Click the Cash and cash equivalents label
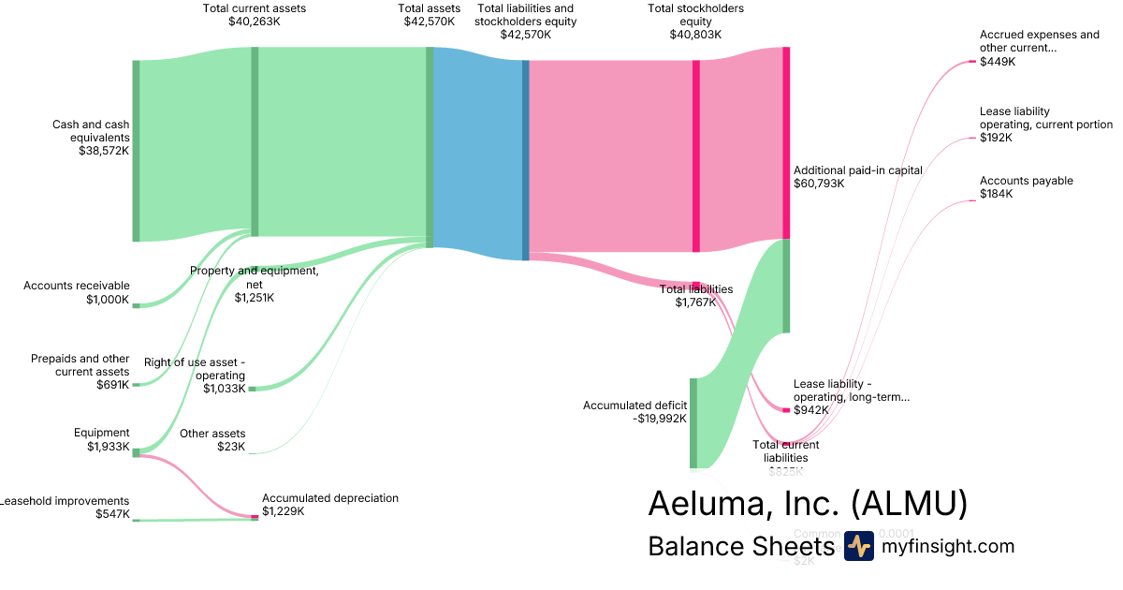tap(91, 137)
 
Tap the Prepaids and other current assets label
tap(80, 371)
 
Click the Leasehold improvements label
tap(65, 507)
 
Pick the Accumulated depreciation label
tap(329, 505)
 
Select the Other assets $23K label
tap(212, 440)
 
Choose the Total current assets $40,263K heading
tap(254, 14)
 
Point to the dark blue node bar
tap(526, 160)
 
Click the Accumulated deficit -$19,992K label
tap(634, 412)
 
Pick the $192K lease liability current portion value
tap(996, 138)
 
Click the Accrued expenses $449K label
tap(1039, 48)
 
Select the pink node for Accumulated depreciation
tap(255, 517)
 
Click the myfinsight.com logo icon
tap(858, 546)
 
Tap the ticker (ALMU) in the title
tap(908, 504)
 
